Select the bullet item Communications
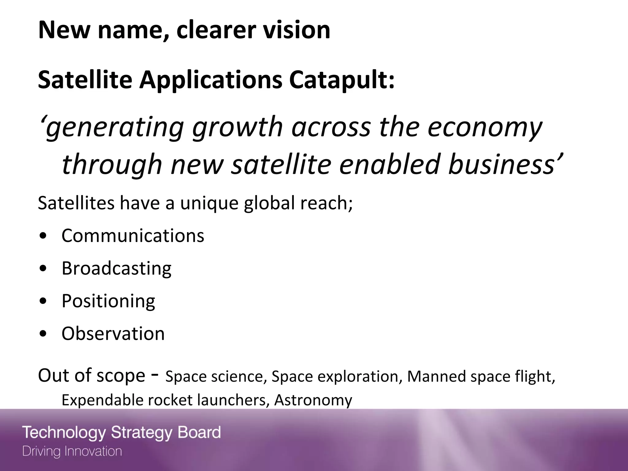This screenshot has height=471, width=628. pos(133,235)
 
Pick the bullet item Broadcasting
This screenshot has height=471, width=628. pos(117,268)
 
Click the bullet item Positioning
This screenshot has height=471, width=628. pos(108,301)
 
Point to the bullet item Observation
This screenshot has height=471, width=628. pos(113,333)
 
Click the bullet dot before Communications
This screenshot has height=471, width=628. pos(44,236)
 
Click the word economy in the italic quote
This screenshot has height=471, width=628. pos(485,127)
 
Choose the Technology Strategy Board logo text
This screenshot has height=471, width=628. pos(121,433)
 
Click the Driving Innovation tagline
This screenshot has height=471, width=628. pos(72,451)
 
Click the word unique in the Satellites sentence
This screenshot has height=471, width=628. pos(209,203)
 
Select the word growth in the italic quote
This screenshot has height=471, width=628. pos(237,127)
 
